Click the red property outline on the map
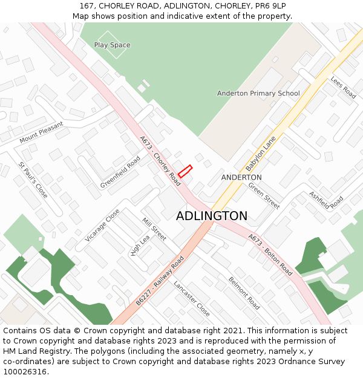[x=185, y=171]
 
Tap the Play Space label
[x=112, y=45]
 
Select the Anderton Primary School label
[x=258, y=93]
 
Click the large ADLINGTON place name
[x=212, y=216]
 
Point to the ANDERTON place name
[x=241, y=177]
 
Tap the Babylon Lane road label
[x=261, y=153]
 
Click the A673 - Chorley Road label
[x=160, y=160]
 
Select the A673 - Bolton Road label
[x=270, y=255]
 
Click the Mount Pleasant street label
[x=41, y=132]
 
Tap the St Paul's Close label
[x=33, y=180]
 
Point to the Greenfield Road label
[x=120, y=172]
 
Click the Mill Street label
[x=154, y=229]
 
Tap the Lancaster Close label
[x=192, y=298]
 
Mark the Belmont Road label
[x=244, y=293]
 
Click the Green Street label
[x=264, y=195]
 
